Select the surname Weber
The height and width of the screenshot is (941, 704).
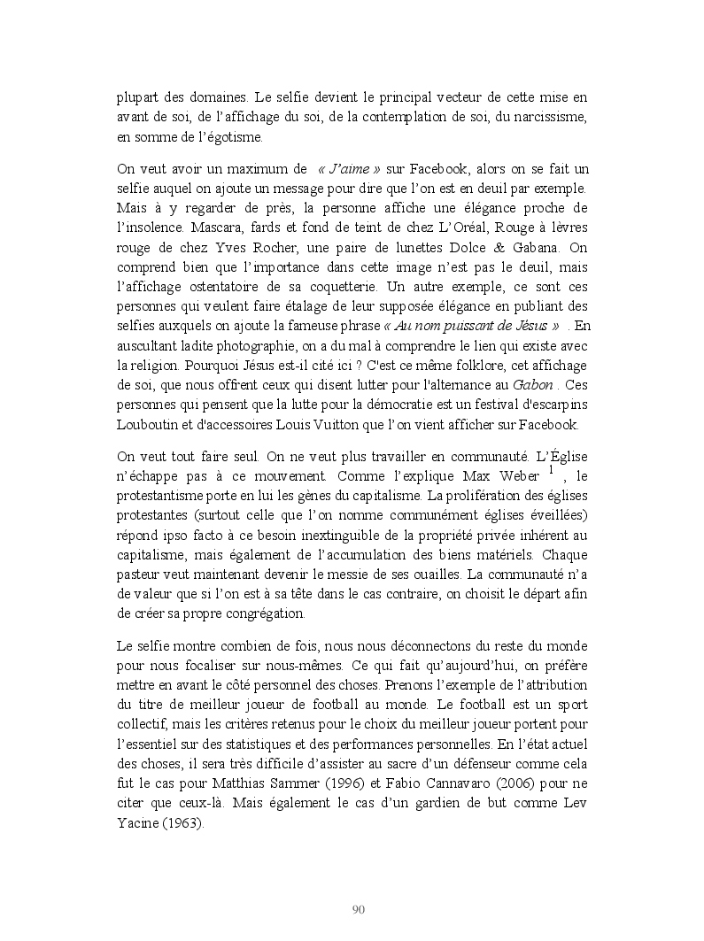[x=514, y=478]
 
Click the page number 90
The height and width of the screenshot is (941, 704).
[x=359, y=909]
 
